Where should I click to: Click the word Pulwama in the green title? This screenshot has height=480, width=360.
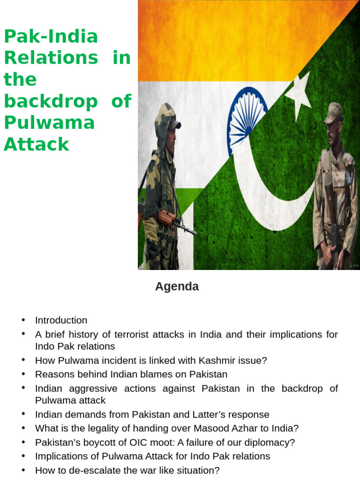49,123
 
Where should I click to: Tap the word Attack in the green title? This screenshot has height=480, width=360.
37,144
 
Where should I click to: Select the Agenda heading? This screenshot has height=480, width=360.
177,286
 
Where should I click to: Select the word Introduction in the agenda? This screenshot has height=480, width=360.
61,320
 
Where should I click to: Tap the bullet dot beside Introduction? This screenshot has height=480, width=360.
23,320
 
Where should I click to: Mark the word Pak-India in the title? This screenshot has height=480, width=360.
51,37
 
